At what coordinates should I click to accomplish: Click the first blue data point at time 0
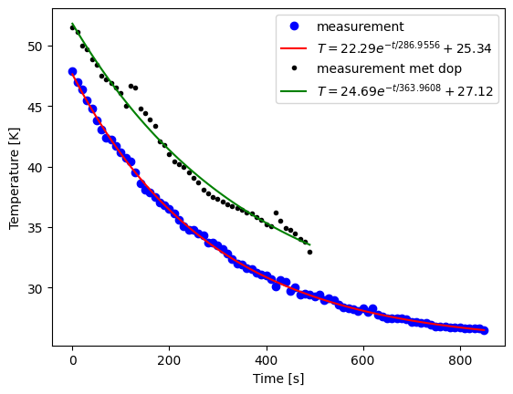72,71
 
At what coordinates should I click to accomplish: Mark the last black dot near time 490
309,252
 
